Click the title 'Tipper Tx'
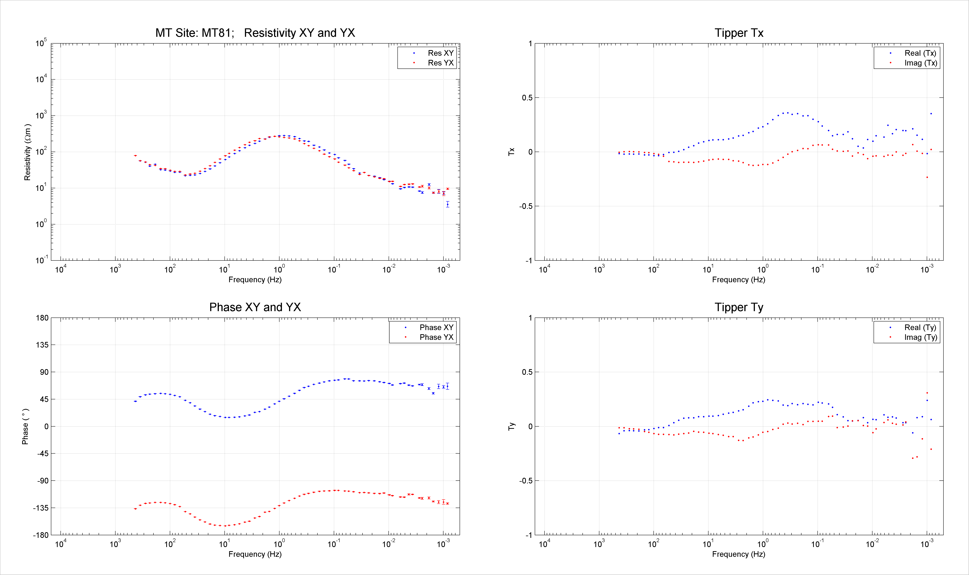[739, 33]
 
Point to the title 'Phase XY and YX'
[255, 307]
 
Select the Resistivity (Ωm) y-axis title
[27, 152]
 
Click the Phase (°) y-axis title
[25, 426]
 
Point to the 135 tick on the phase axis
[42, 345]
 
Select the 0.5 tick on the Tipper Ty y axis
[527, 372]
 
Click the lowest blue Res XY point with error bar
[447, 204]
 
